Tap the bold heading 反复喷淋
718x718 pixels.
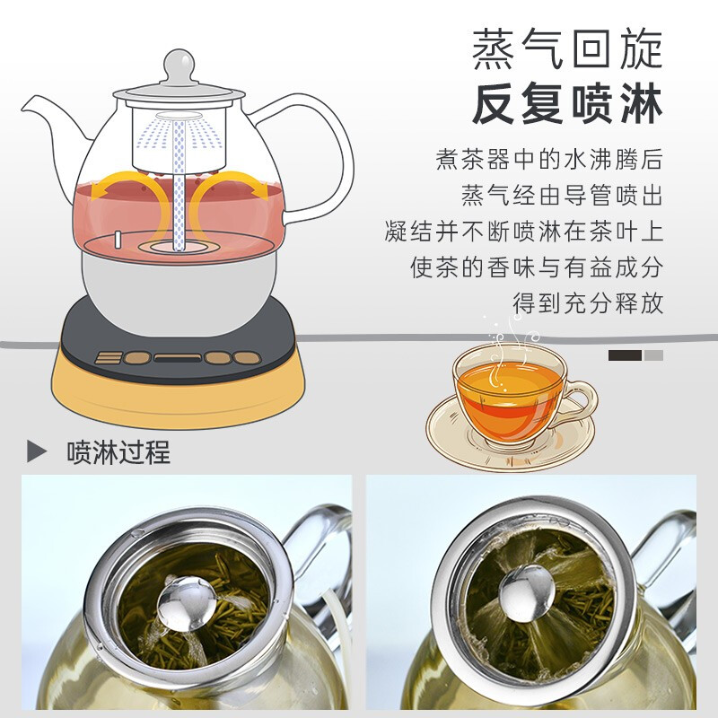pyautogui.click(x=567, y=105)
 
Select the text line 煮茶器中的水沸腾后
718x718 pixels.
pyautogui.click(x=549, y=162)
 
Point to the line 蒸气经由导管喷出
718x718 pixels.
pyautogui.click(x=562, y=196)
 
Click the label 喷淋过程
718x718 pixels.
pyautogui.click(x=118, y=451)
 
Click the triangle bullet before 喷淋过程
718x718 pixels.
pyautogui.click(x=37, y=451)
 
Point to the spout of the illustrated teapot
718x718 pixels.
pyautogui.click(x=45, y=112)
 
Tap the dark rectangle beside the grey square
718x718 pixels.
pyautogui.click(x=625, y=355)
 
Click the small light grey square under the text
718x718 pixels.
pyautogui.click(x=653, y=355)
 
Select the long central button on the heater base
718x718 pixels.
pyautogui.click(x=176, y=357)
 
